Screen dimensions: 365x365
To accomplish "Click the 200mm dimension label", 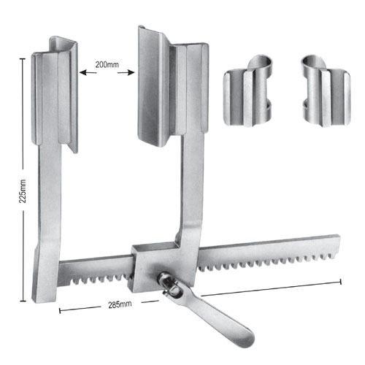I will [107, 65].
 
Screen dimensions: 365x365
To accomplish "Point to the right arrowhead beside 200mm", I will [132, 72].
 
